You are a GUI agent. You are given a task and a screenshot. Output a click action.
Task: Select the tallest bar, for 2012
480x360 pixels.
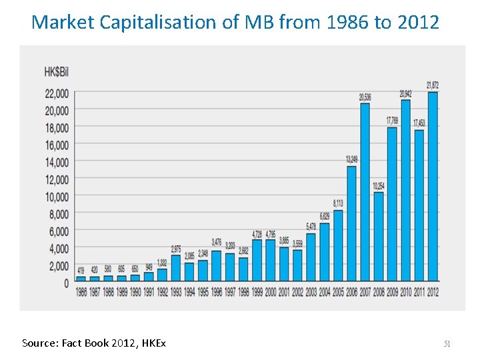click(432, 187)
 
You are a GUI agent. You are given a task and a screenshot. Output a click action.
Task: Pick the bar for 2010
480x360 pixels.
click(405, 190)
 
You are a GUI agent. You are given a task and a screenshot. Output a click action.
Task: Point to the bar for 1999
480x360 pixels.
click(257, 261)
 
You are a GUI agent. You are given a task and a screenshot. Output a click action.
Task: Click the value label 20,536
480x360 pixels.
click(365, 97)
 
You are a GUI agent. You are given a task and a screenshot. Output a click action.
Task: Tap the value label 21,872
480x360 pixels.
click(432, 85)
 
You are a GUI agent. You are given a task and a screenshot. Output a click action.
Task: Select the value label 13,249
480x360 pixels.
click(351, 160)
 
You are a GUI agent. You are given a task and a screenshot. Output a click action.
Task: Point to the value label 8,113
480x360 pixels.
click(338, 203)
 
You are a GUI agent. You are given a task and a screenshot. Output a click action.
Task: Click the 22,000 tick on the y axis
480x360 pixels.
click(57, 93)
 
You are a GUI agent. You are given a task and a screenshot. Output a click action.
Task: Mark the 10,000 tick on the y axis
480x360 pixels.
click(57, 197)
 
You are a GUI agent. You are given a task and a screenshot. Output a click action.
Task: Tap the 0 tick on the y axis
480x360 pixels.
click(66, 283)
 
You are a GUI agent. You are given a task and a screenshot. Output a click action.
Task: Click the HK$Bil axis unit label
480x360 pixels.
click(56, 71)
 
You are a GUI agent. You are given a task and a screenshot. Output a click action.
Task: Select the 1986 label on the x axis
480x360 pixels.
click(81, 292)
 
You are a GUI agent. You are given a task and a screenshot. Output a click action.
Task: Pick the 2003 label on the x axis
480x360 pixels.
click(311, 292)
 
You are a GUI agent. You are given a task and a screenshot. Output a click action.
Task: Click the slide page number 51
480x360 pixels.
click(447, 343)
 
